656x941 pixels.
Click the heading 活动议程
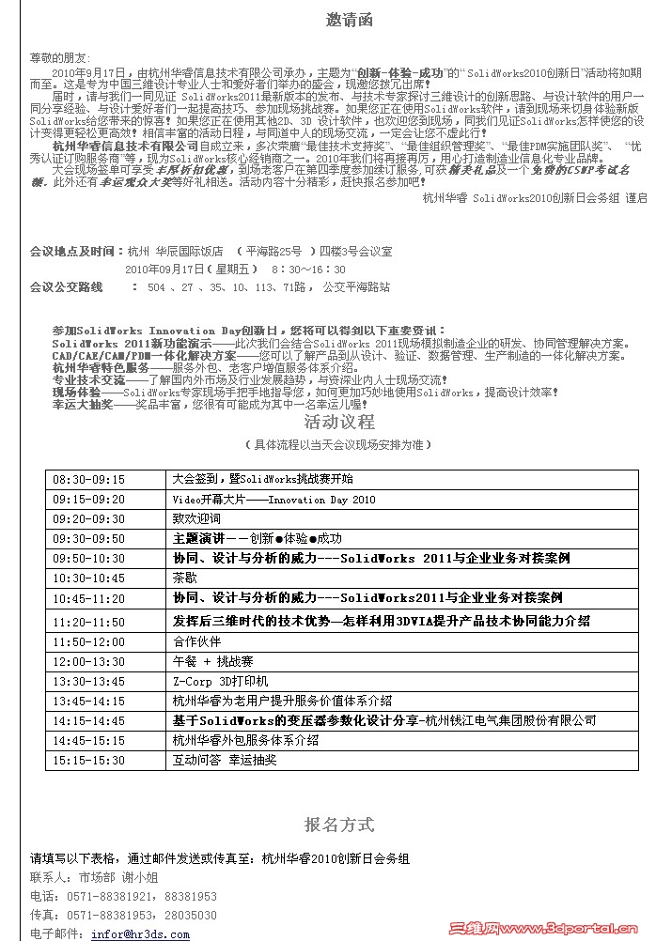point(339,422)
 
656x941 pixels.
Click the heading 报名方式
point(339,825)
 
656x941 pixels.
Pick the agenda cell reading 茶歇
point(184,578)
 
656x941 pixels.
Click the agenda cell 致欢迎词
point(196,518)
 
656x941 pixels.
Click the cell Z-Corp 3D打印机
point(221,681)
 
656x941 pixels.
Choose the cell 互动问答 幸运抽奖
point(226,759)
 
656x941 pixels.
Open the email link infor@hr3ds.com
point(140,934)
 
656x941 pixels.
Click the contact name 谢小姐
point(137,877)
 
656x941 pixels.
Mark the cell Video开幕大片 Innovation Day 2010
point(273,500)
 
